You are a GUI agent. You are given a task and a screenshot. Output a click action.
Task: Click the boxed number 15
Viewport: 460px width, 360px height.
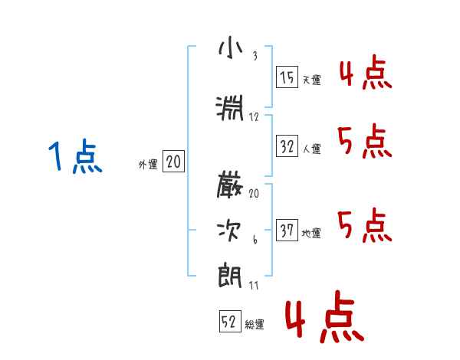click(x=287, y=77)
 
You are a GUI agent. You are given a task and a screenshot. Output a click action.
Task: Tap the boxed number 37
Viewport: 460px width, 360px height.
click(x=287, y=231)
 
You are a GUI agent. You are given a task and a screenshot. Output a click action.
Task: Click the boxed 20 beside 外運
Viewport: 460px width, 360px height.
click(x=173, y=162)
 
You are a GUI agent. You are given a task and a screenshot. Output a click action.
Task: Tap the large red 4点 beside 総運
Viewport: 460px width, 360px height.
click(x=322, y=319)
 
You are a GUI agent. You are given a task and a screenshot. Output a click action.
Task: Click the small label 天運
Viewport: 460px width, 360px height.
click(x=311, y=80)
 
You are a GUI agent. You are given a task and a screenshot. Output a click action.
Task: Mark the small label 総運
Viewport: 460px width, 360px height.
click(x=255, y=325)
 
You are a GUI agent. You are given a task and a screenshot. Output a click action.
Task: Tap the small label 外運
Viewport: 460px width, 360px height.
click(x=148, y=164)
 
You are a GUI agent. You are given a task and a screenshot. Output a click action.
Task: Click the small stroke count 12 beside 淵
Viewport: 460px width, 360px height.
click(x=254, y=117)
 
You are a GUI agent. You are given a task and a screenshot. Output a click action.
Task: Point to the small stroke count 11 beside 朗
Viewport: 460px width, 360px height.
click(x=254, y=286)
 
